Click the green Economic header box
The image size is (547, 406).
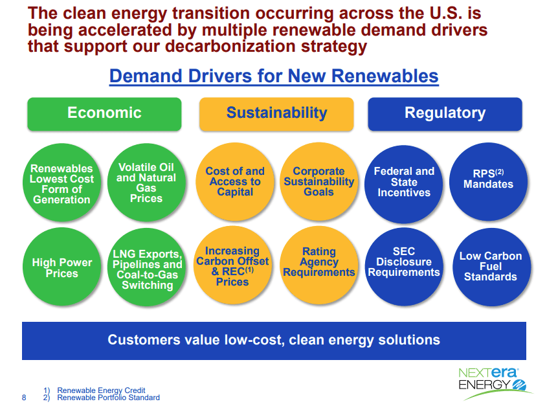(104, 113)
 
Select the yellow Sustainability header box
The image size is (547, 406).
(276, 113)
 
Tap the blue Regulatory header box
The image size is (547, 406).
(445, 113)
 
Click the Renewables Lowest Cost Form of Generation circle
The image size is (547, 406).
(61, 184)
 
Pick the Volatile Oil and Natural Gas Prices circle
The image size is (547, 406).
(146, 183)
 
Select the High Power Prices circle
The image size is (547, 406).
(61, 267)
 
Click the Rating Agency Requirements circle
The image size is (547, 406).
(318, 264)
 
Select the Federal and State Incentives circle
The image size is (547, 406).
(404, 183)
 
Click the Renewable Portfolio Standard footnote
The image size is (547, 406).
(108, 398)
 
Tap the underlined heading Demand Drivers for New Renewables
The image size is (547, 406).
(274, 76)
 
